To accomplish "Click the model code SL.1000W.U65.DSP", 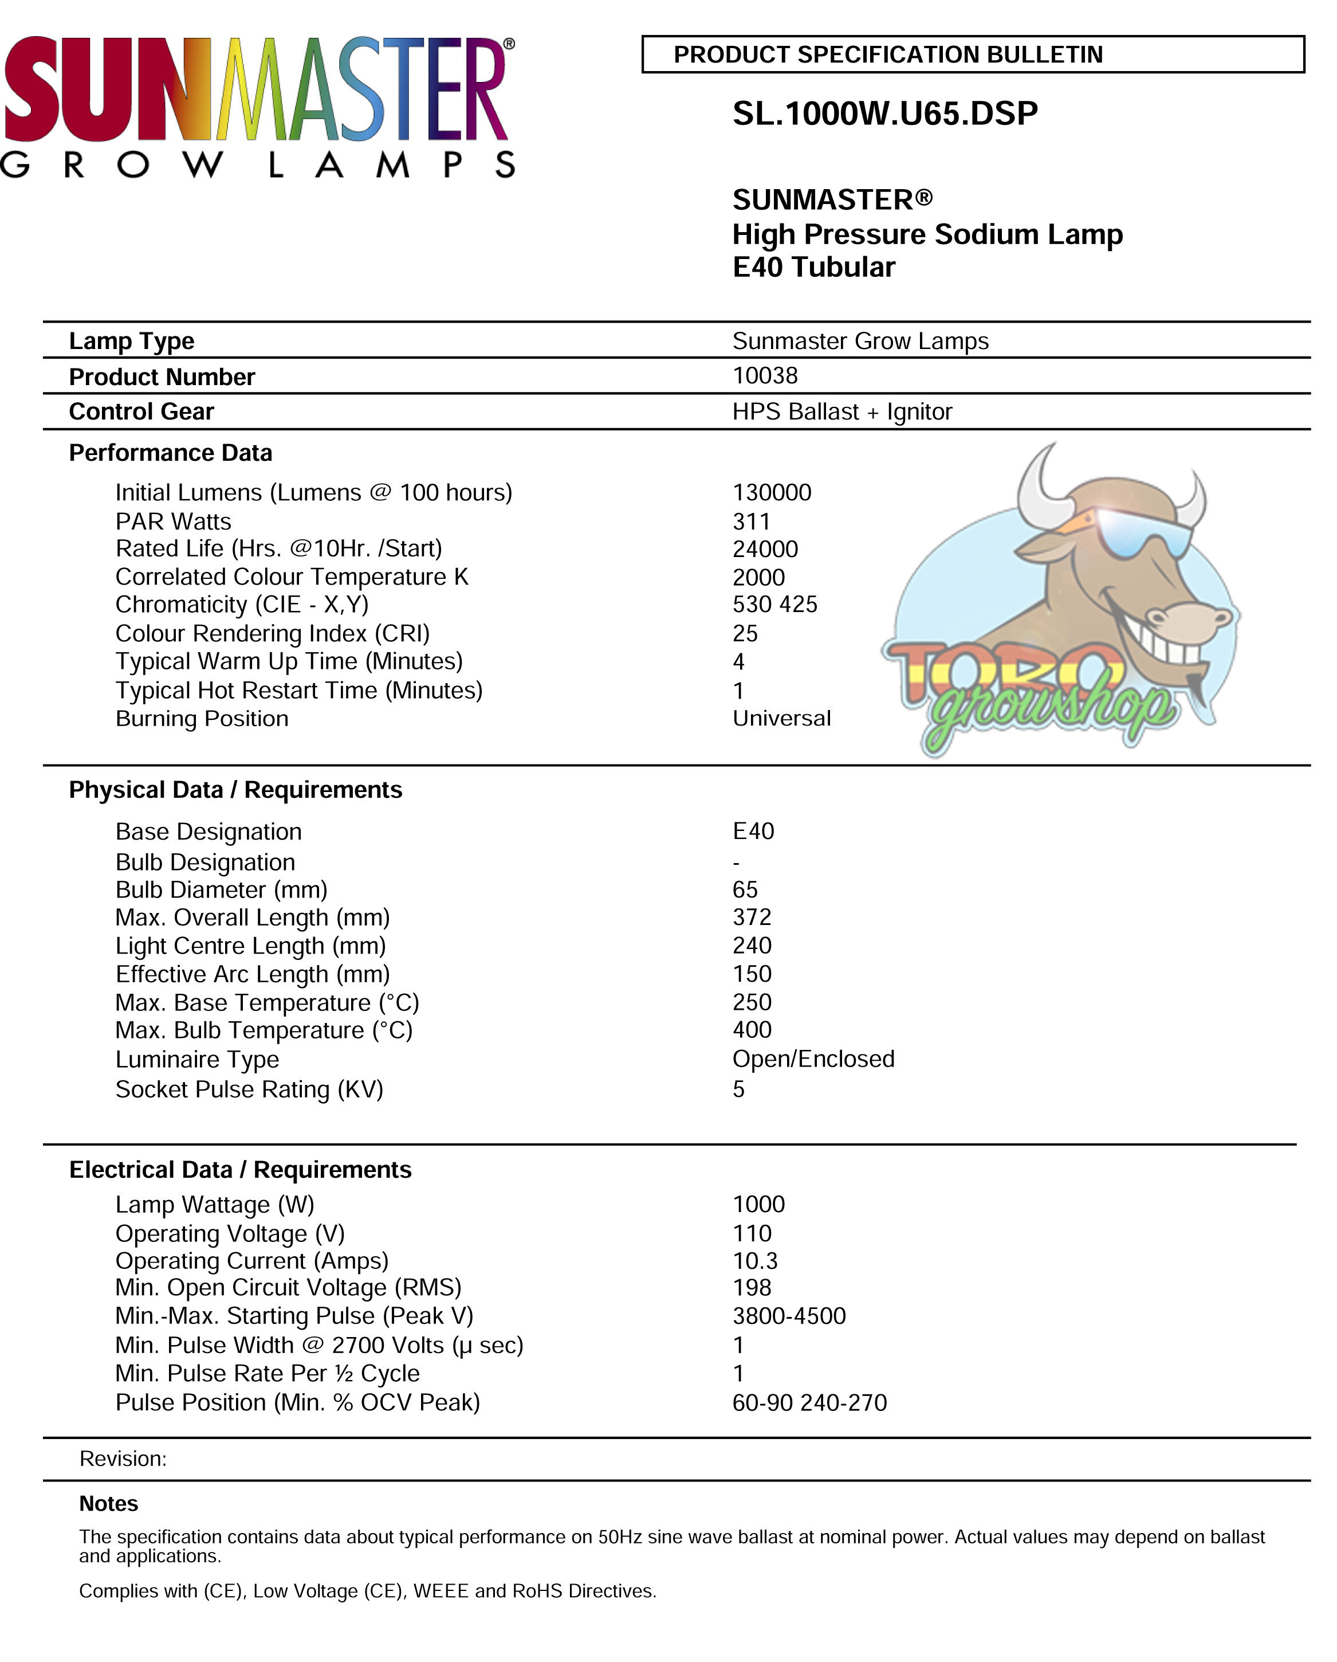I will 884,114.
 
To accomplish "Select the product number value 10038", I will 764,375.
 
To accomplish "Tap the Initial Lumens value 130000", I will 772,493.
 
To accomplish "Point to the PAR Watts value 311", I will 752,522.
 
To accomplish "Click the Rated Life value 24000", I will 764,549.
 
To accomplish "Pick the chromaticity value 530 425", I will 774,605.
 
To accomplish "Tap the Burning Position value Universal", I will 781,719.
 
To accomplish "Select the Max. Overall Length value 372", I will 752,918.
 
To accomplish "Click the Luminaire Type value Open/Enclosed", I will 813,1059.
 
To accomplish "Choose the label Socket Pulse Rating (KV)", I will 249,1089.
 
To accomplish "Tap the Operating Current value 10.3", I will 754,1261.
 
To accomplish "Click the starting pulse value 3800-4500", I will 788,1316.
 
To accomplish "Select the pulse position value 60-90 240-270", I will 809,1402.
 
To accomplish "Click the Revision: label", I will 123,1459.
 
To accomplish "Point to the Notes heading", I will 109,1503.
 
